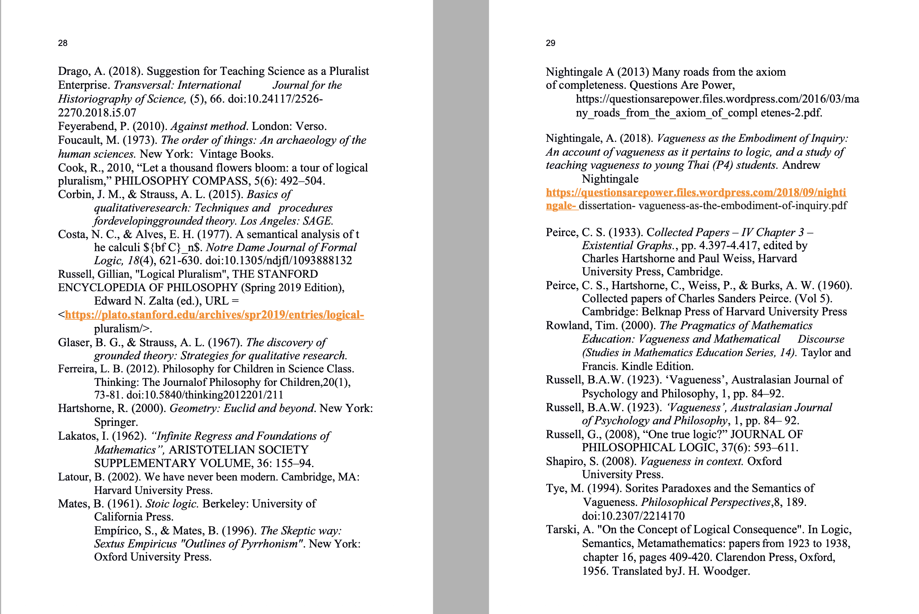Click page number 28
click(x=63, y=43)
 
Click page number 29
click(x=550, y=43)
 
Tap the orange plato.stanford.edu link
click(x=214, y=315)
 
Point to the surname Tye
click(x=554, y=488)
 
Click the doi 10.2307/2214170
click(x=633, y=516)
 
